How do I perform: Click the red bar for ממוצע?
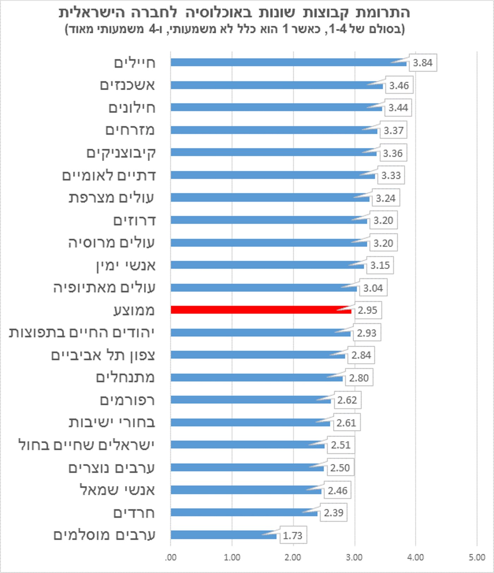pos(261,310)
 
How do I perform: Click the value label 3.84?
pos(422,63)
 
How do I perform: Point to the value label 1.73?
pos(293,535)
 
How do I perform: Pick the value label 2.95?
pos(367,310)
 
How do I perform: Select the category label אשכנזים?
pos(127,85)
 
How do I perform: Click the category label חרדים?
pos(134,512)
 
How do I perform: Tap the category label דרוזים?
pos(134,220)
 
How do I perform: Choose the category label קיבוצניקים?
pos(121,153)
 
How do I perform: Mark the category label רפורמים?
pos(127,400)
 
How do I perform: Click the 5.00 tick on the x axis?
pos(477,557)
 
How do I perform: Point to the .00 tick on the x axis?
pos(171,557)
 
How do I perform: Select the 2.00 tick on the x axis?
pos(293,557)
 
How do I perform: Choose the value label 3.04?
pos(373,288)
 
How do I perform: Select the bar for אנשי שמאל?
pos(246,490)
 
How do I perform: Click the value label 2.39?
pos(333,512)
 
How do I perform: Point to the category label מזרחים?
pos(130,130)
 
